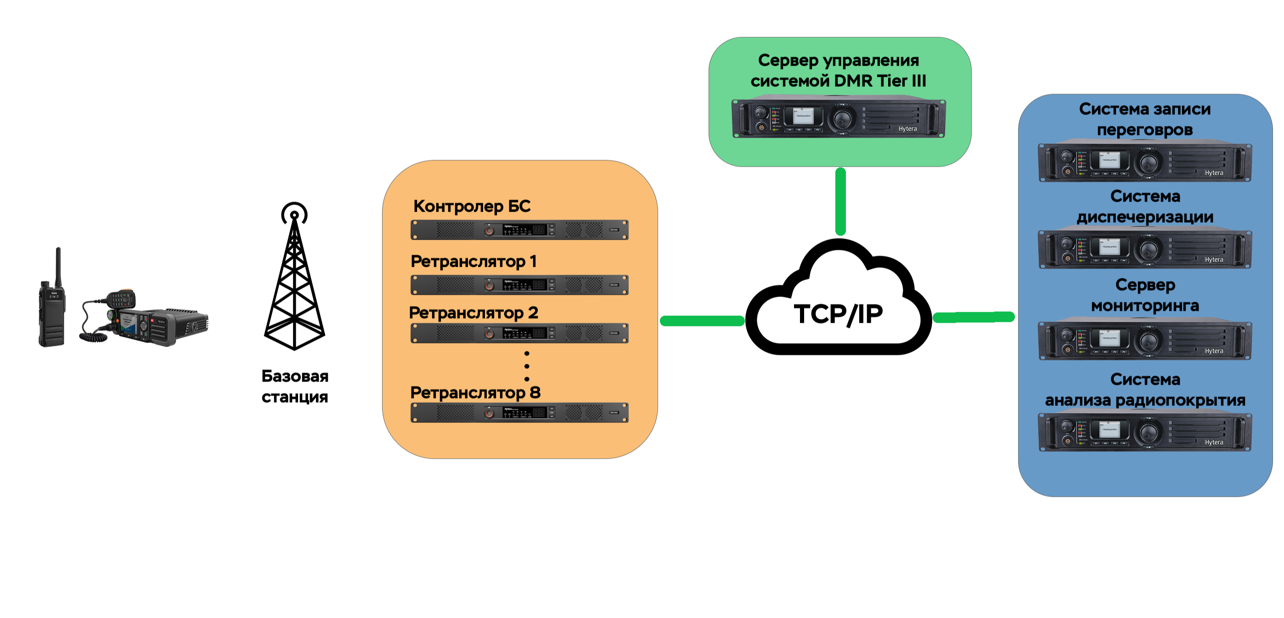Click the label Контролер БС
point(472,206)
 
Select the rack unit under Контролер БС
point(519,230)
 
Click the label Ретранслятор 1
point(473,261)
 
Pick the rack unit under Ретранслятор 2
point(519,333)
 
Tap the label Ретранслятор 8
point(475,393)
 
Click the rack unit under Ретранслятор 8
point(519,413)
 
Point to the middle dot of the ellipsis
point(527,366)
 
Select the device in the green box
point(839,118)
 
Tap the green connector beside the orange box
point(702,321)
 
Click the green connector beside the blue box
point(974,317)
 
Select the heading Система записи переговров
point(1145,119)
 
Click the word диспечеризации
point(1145,217)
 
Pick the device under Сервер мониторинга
point(1145,340)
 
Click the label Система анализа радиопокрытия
point(1145,390)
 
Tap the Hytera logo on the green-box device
point(908,129)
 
